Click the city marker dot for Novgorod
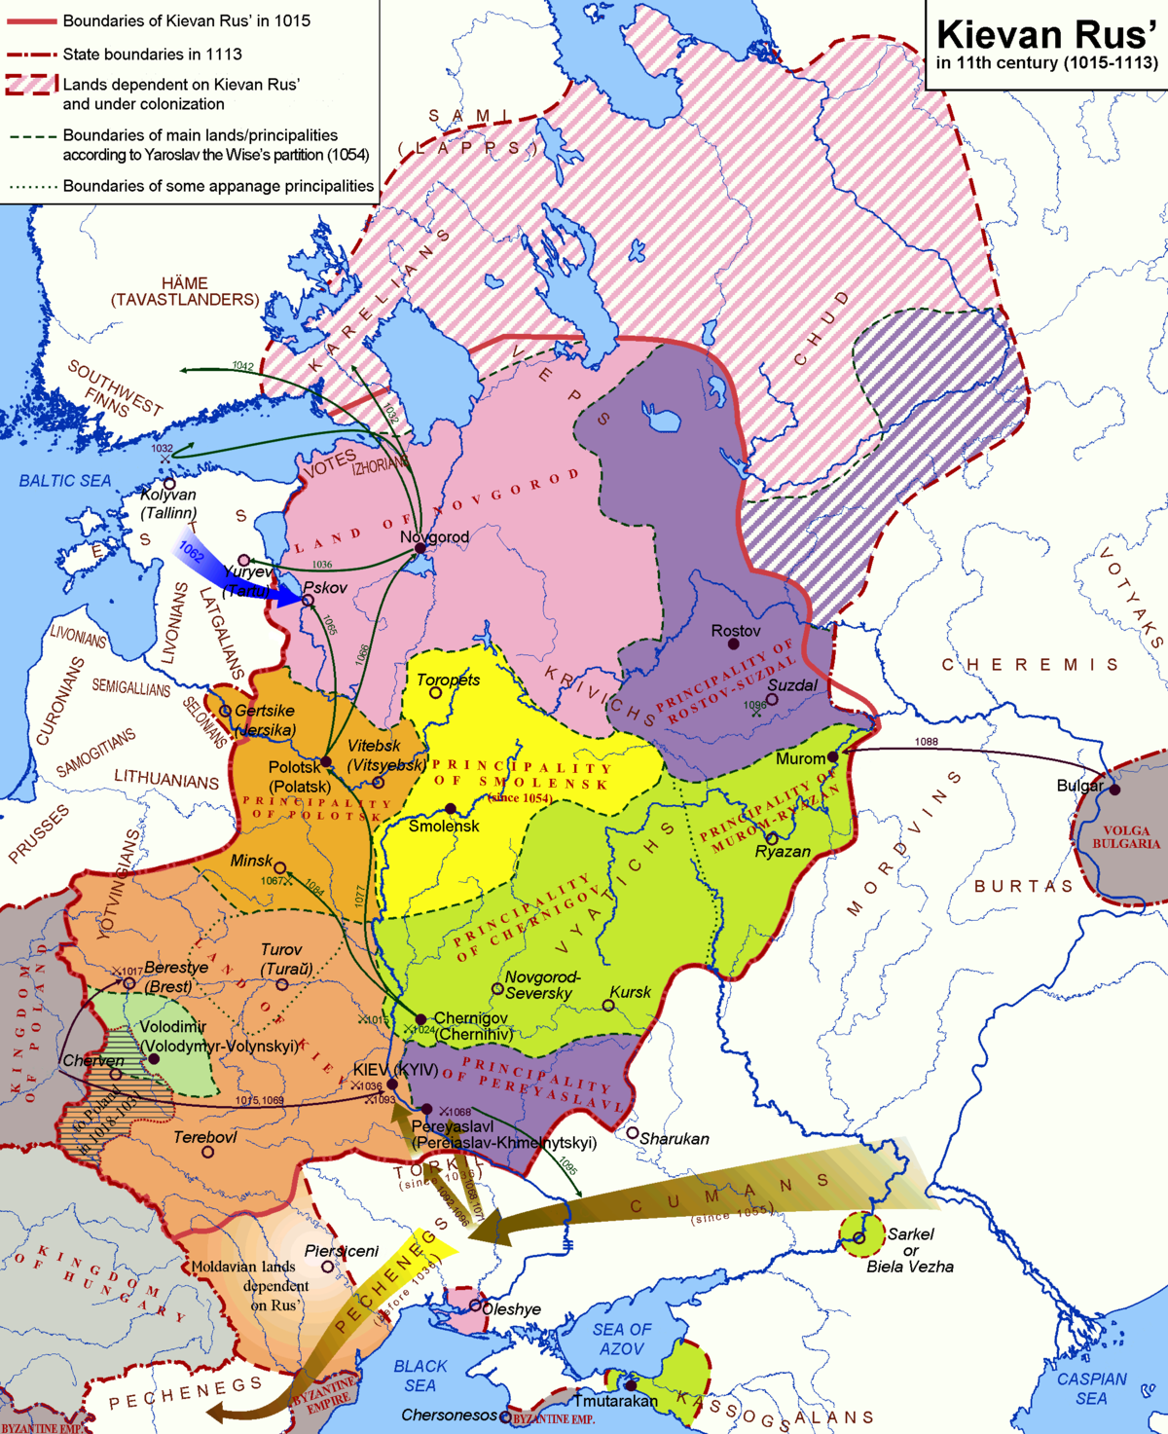(x=420, y=549)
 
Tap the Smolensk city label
(x=444, y=827)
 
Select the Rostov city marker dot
(x=734, y=644)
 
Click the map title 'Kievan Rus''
(x=1045, y=35)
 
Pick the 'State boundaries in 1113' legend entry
(x=152, y=55)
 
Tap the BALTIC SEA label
(x=65, y=481)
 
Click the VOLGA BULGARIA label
(x=1126, y=837)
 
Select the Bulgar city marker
(x=1114, y=790)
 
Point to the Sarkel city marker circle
(x=858, y=1237)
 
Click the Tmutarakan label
(x=615, y=1401)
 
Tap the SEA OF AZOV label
(x=622, y=1339)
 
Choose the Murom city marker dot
(x=833, y=756)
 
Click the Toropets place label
(x=448, y=680)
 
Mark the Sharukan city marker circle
(x=633, y=1133)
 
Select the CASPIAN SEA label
(x=1091, y=1388)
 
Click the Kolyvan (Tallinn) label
(x=168, y=503)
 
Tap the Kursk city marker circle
(x=608, y=1006)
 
